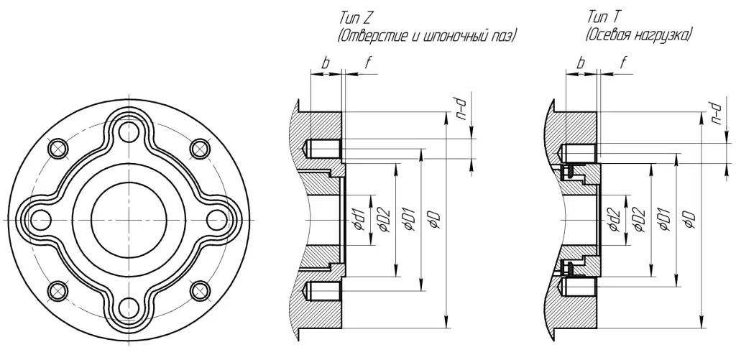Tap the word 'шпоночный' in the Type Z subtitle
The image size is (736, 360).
coord(457,34)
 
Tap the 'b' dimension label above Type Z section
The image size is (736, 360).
coord(325,64)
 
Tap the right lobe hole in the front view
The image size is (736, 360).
coord(216,218)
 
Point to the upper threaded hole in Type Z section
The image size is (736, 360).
coord(323,149)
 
